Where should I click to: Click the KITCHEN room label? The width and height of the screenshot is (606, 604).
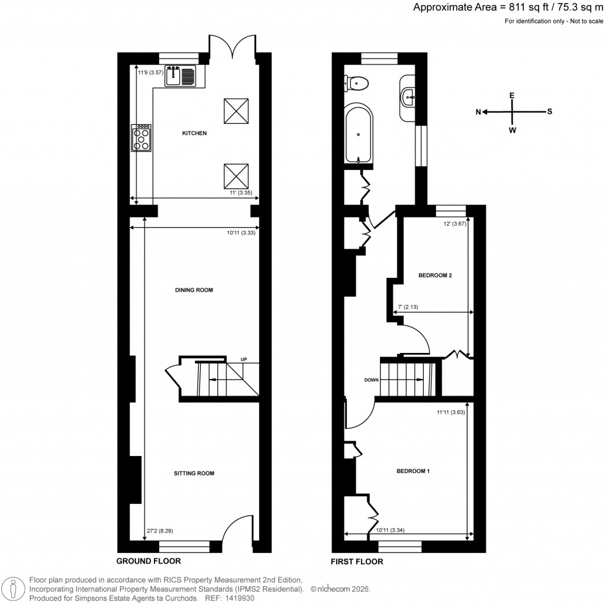tap(194, 134)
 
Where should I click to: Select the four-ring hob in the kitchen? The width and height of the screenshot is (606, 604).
tap(143, 137)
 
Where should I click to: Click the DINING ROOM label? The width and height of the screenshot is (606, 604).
tap(194, 290)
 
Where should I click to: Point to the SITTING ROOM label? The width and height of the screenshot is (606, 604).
tap(194, 473)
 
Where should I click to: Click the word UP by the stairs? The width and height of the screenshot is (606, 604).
tap(243, 359)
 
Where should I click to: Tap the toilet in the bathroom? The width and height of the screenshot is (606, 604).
tap(357, 83)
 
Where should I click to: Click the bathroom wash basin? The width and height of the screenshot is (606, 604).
tap(408, 95)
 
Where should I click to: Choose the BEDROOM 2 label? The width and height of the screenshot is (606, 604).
tap(435, 275)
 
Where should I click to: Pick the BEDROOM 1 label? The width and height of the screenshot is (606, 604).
tap(412, 471)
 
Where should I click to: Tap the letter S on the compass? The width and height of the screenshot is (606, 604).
tap(549, 111)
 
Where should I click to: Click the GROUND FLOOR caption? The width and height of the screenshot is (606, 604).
tap(148, 561)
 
